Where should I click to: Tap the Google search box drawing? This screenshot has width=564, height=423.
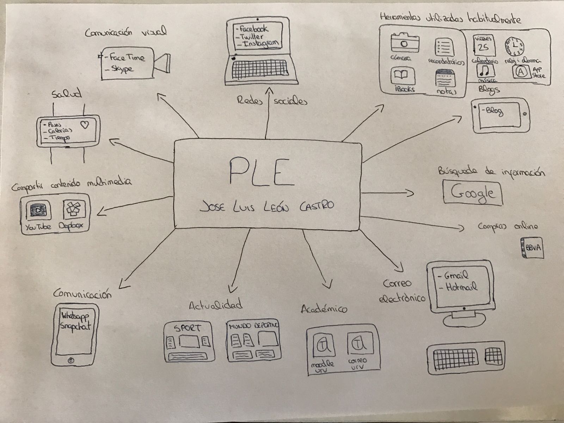point(472,192)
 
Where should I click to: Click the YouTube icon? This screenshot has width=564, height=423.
point(38,210)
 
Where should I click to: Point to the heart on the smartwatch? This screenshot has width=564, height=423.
point(85,124)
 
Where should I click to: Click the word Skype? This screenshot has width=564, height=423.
point(122,69)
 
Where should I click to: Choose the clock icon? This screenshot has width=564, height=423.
point(515,46)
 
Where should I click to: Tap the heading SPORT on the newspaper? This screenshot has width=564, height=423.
point(188,328)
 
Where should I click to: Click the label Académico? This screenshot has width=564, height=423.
point(324,309)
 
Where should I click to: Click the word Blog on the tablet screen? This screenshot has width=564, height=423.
point(495,112)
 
